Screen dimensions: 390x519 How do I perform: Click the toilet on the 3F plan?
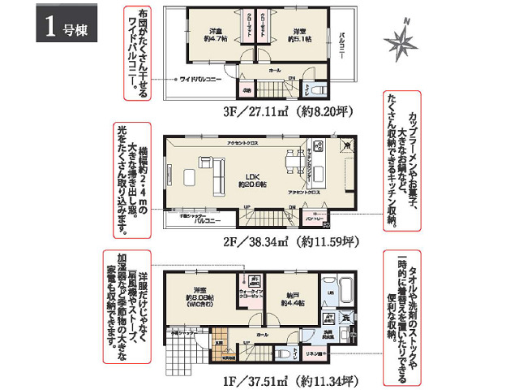(x=317, y=89)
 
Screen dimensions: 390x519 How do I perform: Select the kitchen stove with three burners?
(x=319, y=150)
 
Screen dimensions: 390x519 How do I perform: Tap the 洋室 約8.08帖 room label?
(x=202, y=299)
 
